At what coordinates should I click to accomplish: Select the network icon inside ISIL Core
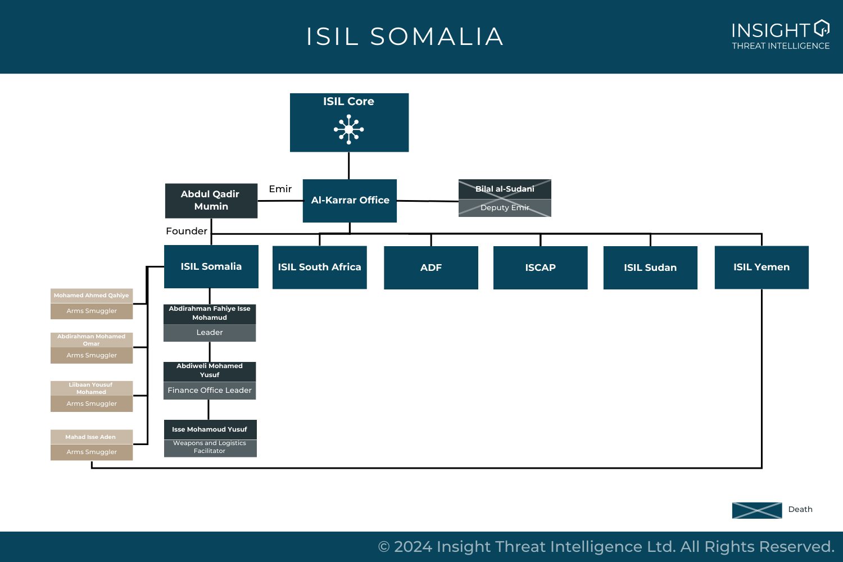click(349, 129)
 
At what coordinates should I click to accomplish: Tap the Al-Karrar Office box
click(350, 201)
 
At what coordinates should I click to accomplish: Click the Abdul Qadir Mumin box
click(211, 201)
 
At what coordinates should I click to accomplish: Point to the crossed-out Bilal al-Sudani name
click(505, 189)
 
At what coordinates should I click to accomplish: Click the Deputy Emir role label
click(505, 208)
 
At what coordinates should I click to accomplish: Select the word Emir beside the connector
click(280, 189)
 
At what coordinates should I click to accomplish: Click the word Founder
click(187, 231)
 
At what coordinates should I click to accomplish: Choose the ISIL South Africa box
click(319, 268)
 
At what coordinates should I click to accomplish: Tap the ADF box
click(431, 268)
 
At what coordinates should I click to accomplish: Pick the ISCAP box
click(540, 268)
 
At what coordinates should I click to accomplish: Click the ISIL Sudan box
click(650, 268)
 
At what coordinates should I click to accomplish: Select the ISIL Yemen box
click(762, 268)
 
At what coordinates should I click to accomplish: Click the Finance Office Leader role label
click(210, 391)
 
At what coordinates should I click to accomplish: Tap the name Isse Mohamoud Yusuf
click(210, 429)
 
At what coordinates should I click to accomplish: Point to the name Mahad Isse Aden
click(91, 437)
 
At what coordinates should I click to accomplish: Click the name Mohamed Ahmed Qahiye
click(92, 296)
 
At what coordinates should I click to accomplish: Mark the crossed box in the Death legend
click(756, 510)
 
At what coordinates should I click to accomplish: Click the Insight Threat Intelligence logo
click(781, 36)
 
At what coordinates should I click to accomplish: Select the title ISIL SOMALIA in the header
click(405, 37)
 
